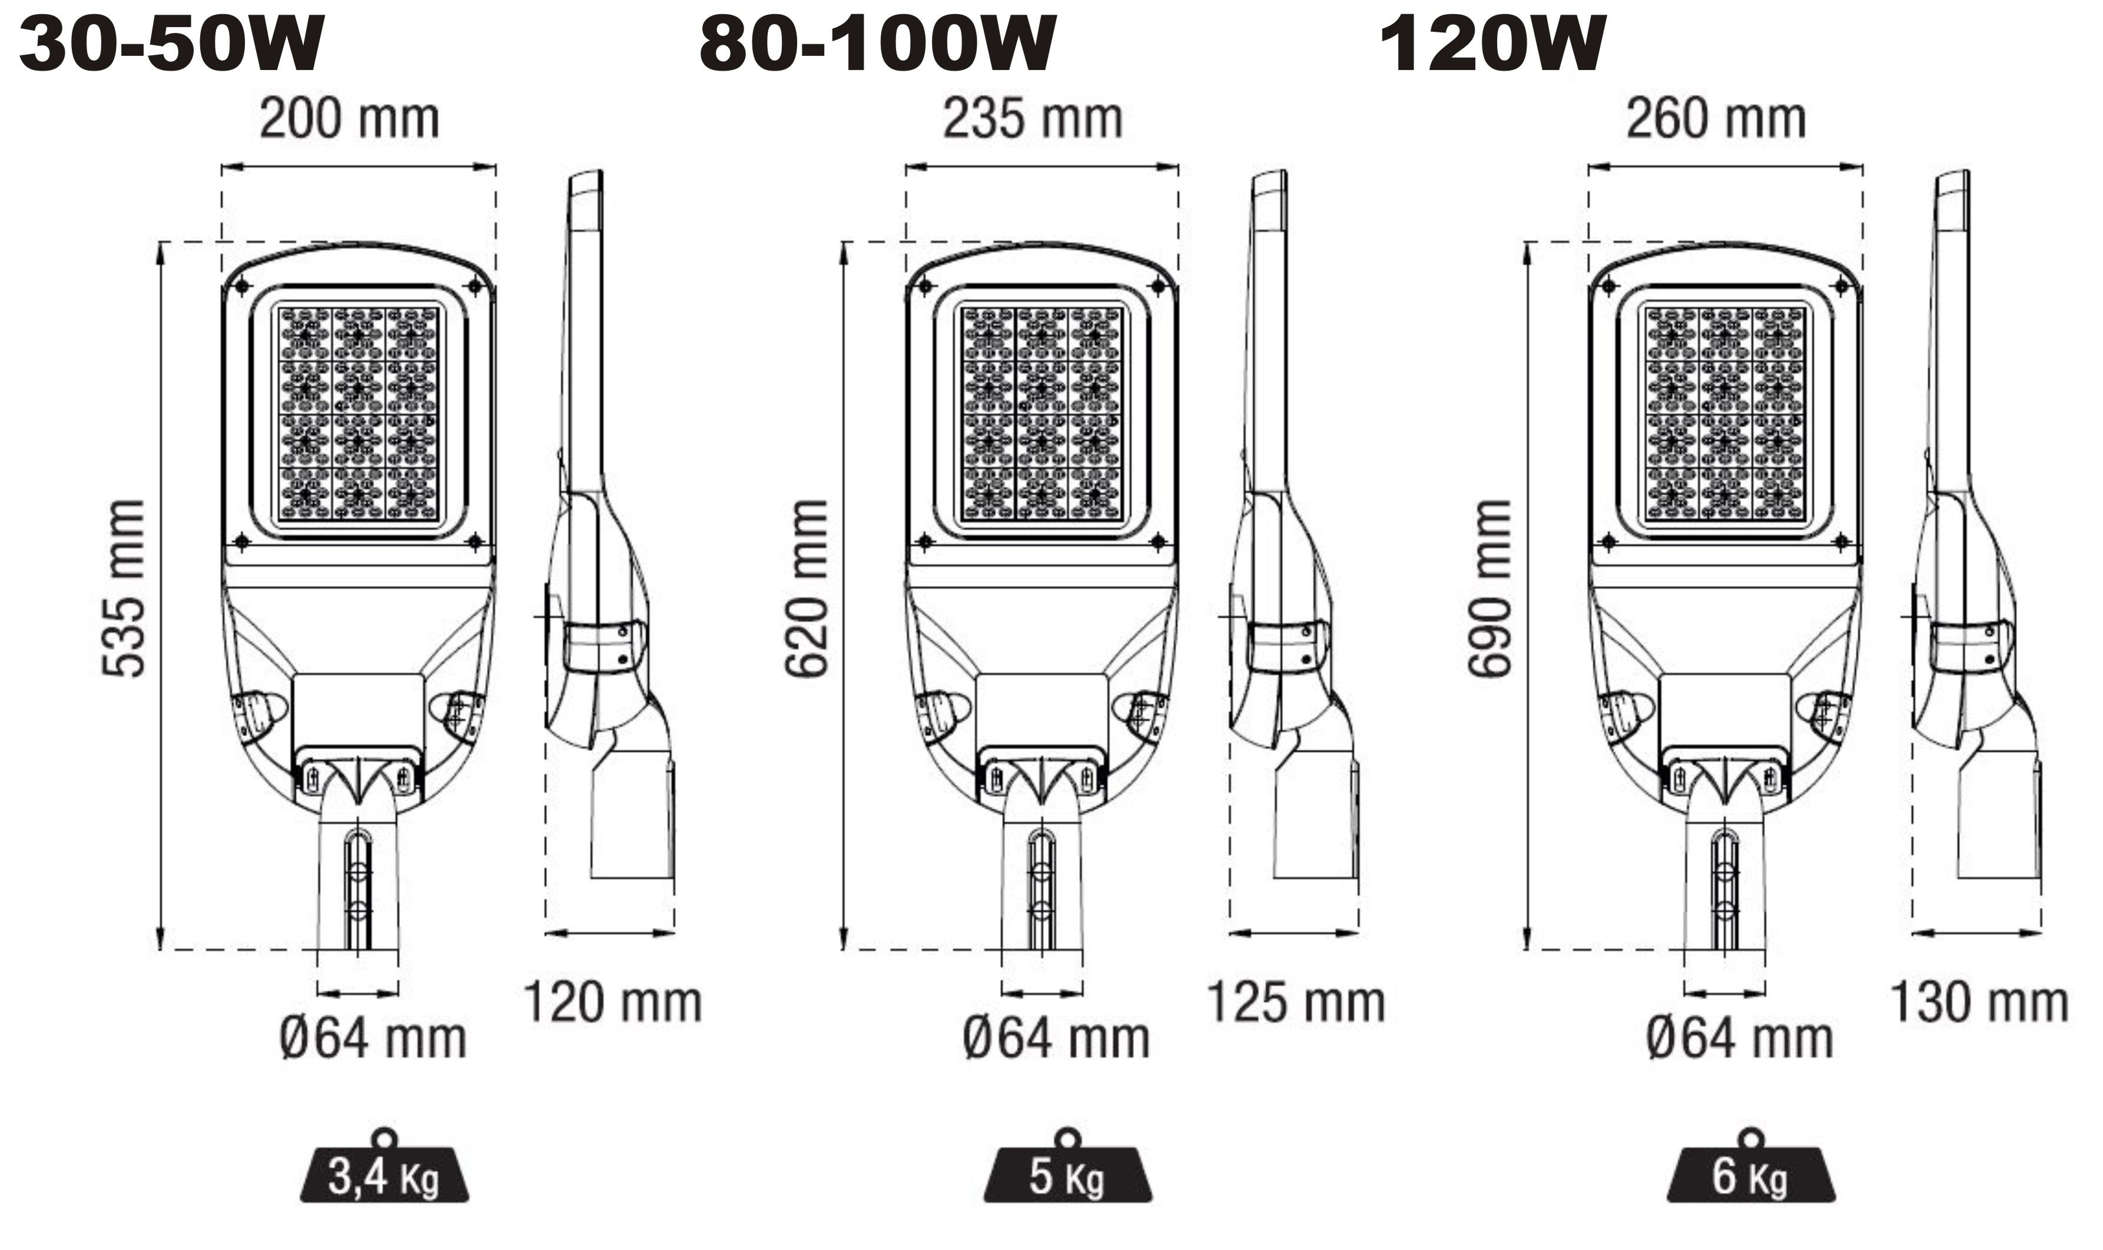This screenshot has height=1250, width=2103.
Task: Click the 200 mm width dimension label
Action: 349,119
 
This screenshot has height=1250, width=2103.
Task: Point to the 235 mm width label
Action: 1032,119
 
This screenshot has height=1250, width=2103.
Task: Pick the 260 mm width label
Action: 1716,119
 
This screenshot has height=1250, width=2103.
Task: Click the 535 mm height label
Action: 124,588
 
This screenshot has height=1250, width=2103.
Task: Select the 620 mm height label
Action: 807,588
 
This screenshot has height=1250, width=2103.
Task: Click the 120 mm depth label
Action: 612,1002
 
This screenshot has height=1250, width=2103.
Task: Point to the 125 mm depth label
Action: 1296,1002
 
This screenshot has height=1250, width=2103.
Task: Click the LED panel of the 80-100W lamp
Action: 1041,413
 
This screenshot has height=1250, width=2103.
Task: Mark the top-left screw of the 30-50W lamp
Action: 242,287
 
